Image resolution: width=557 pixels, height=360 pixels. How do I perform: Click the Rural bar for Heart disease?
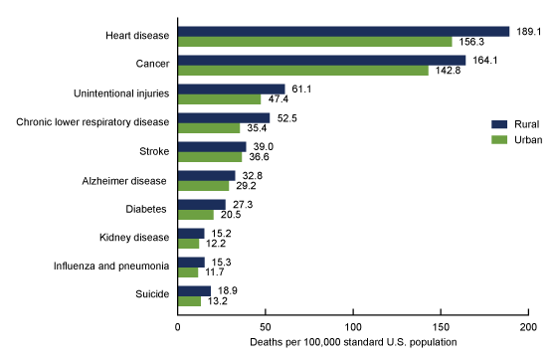(x=343, y=31)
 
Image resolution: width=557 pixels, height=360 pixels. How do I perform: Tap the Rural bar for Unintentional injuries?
(x=231, y=89)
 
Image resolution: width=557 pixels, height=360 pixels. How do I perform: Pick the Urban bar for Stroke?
(x=209, y=157)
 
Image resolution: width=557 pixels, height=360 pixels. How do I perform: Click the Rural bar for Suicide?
(x=194, y=290)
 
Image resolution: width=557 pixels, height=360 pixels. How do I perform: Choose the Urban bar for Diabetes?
(x=195, y=215)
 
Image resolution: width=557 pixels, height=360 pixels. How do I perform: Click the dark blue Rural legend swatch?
(x=500, y=124)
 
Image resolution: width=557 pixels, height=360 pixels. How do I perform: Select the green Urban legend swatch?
(x=500, y=139)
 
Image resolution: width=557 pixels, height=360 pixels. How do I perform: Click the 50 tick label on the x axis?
(x=265, y=325)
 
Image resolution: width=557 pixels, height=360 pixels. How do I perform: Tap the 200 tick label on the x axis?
(x=528, y=325)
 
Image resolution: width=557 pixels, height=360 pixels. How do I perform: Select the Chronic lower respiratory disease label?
(x=93, y=123)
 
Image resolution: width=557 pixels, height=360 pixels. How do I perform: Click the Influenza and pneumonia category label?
(x=109, y=268)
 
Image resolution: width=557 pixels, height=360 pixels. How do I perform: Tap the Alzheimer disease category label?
(x=122, y=181)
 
